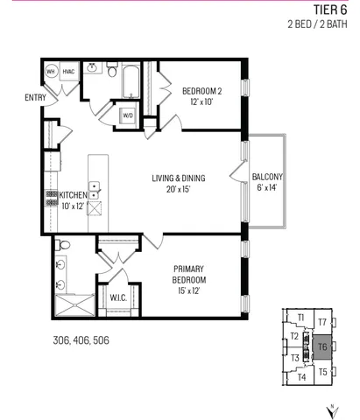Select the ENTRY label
coord(24,97)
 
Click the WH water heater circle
coord(52,72)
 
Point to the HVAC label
coord(68,72)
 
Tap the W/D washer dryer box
coord(127,115)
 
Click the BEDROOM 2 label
coord(201,90)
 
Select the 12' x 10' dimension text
coord(201,101)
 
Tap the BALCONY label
coord(267,176)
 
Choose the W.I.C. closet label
coord(117,297)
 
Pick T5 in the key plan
coord(322,372)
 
